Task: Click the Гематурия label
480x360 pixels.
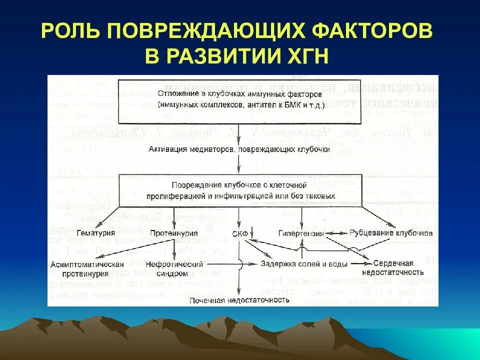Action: (96, 233)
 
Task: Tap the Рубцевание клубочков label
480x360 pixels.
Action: (391, 233)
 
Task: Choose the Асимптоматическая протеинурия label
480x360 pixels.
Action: (86, 268)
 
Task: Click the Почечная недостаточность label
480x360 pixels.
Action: (239, 300)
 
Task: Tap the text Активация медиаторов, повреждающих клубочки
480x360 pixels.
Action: (239, 149)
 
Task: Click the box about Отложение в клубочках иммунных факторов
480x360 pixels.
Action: (239, 100)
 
